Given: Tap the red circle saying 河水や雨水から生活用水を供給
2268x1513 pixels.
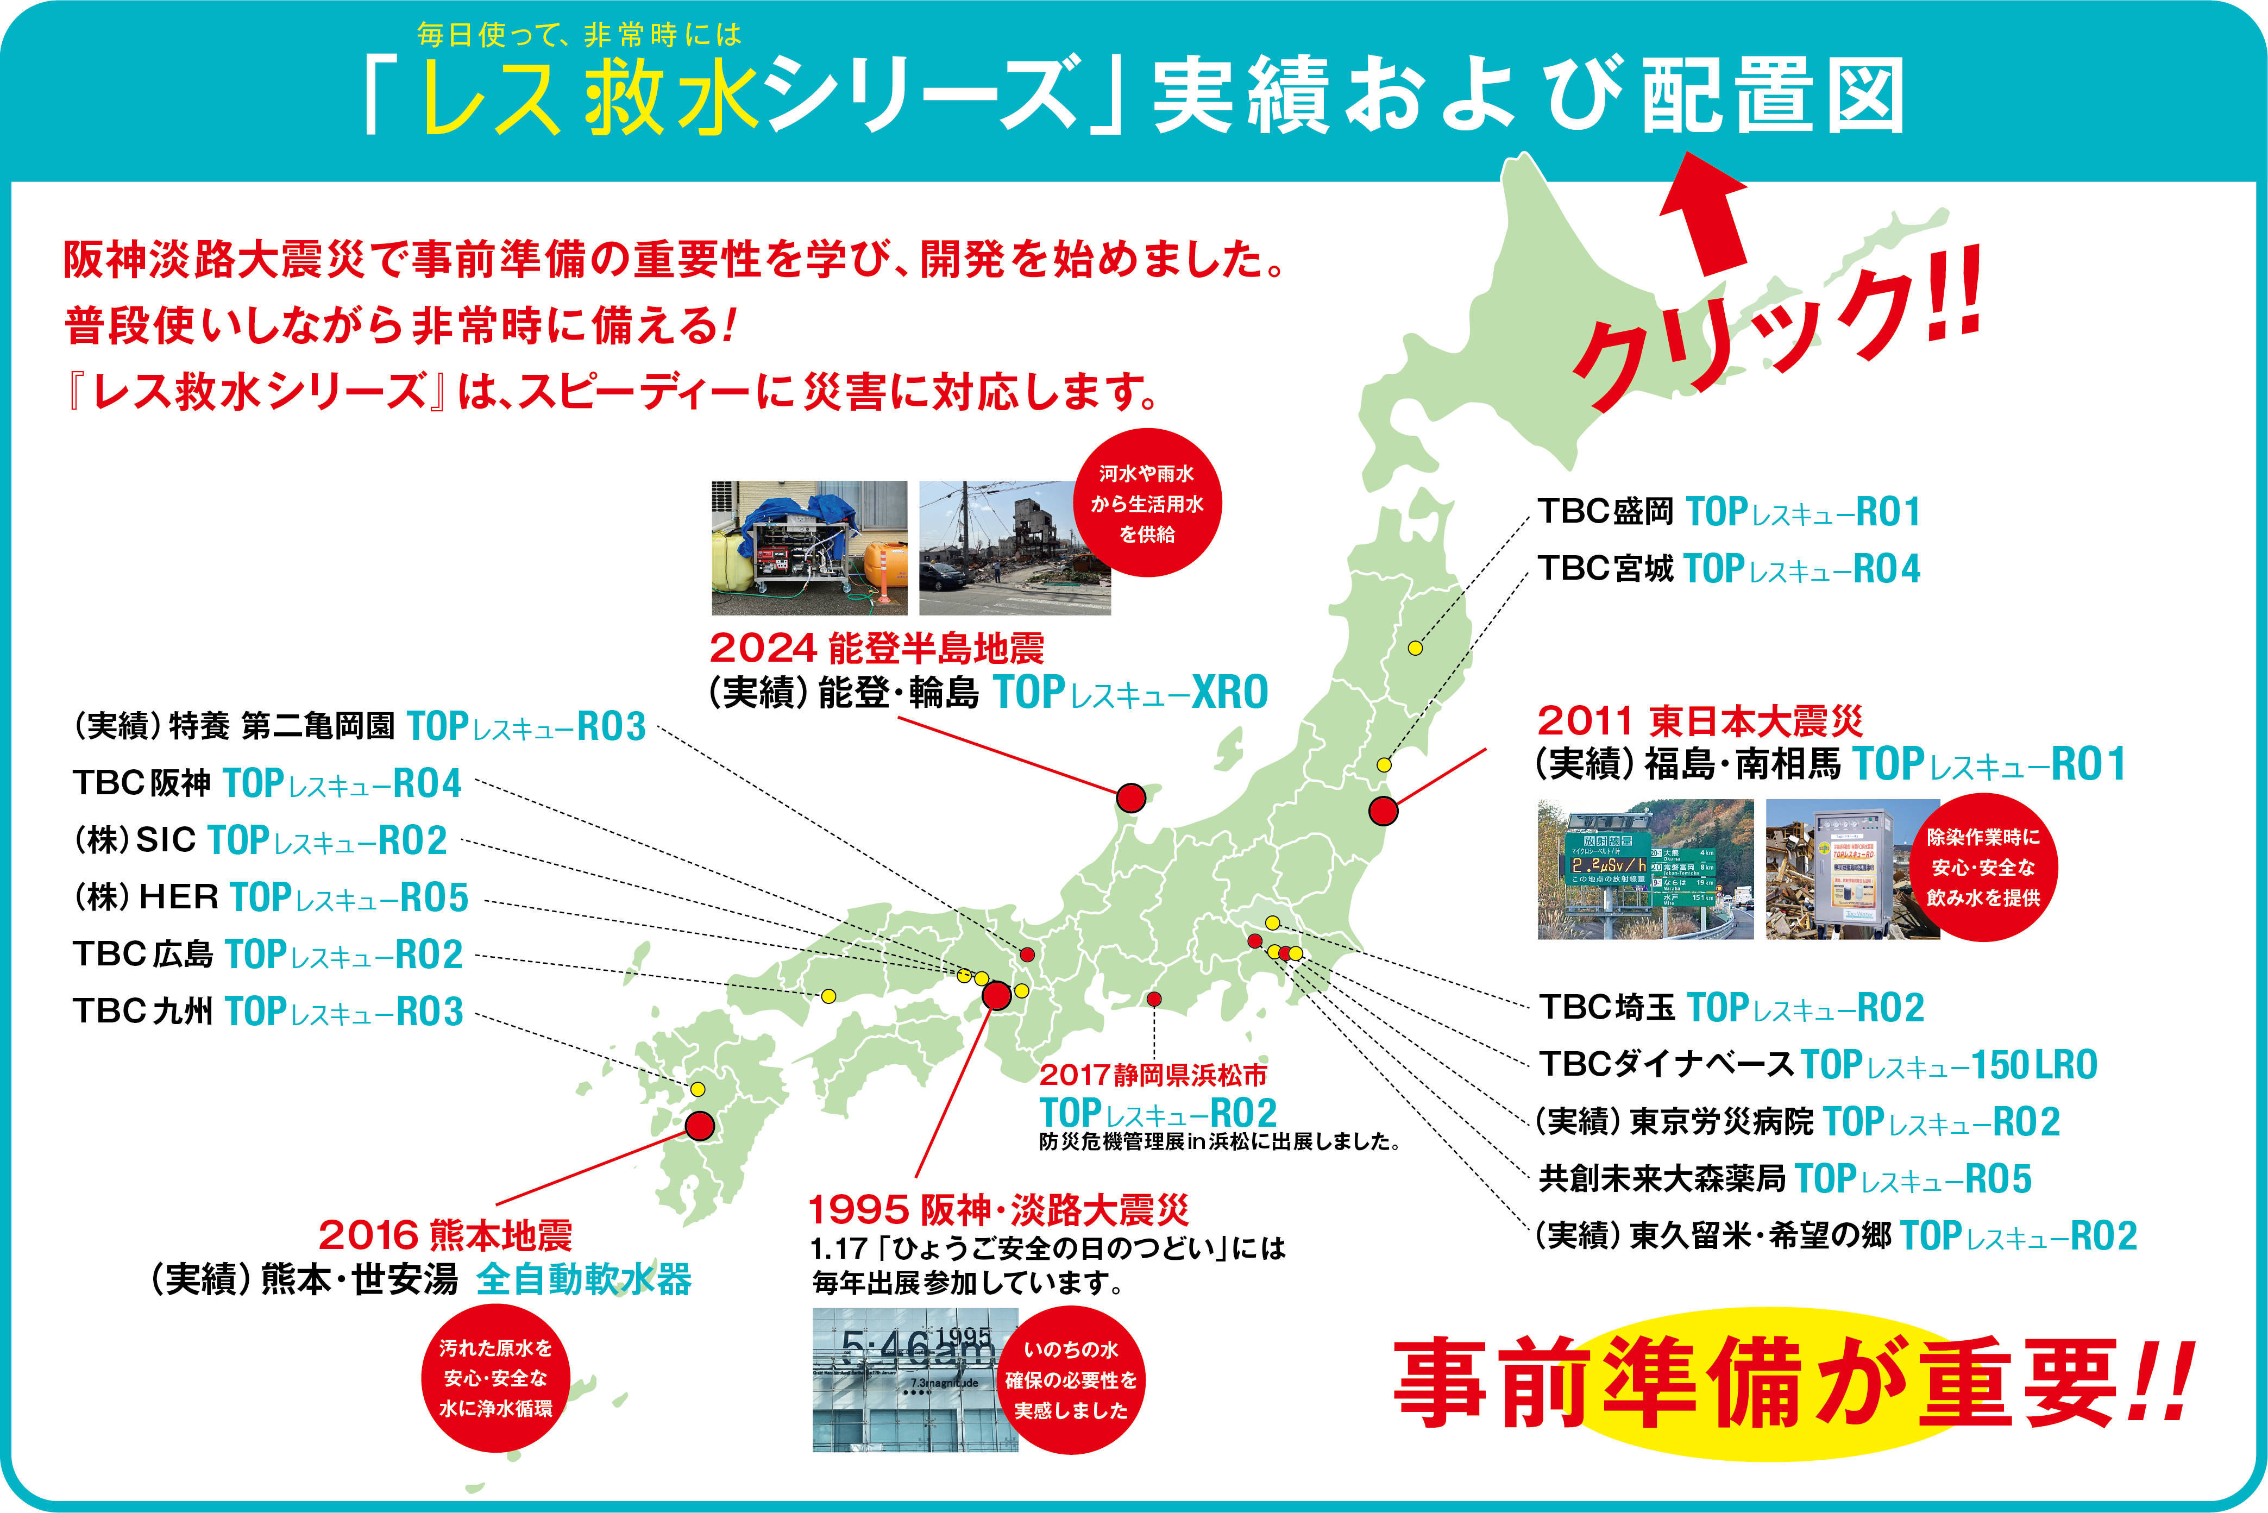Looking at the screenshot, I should pyautogui.click(x=1147, y=504).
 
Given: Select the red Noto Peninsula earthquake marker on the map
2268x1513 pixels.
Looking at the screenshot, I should pyautogui.click(x=1130, y=798).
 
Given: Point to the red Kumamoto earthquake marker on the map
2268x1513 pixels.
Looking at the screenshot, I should pyautogui.click(x=699, y=1125).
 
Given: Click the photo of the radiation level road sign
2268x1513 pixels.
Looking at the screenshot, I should pyautogui.click(x=1645, y=869).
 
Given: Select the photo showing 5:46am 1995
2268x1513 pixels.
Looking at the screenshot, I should pyautogui.click(x=914, y=1380).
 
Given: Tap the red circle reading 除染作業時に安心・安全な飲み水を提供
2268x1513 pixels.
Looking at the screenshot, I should pyautogui.click(x=1983, y=868).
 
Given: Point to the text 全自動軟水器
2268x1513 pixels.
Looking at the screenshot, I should pyautogui.click(x=583, y=1279).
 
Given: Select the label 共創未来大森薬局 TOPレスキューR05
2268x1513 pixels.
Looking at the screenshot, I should pyautogui.click(x=1785, y=1179).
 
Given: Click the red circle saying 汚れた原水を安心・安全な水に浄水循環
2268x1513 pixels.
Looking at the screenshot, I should pyautogui.click(x=496, y=1378).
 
